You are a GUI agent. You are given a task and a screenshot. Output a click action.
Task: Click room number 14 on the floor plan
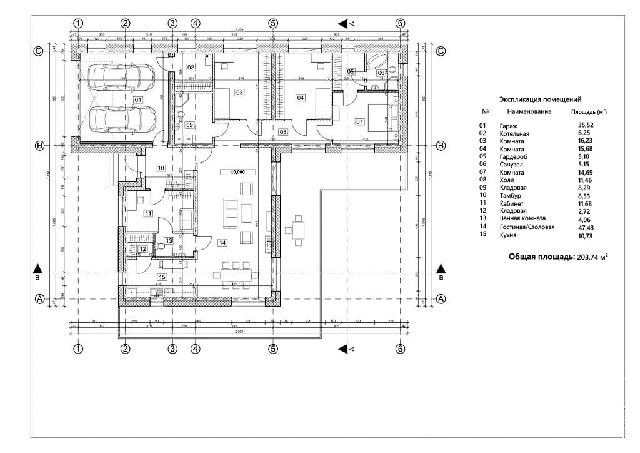[x=223, y=241]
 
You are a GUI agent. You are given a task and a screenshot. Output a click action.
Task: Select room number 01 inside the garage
[x=137, y=99]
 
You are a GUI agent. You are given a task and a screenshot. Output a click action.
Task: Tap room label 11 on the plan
[x=148, y=213]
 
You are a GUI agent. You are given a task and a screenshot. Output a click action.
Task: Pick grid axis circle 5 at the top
[x=273, y=23]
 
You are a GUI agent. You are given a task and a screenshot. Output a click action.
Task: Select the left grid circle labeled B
[x=39, y=146]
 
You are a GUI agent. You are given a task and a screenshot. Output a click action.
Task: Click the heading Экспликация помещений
[x=541, y=99]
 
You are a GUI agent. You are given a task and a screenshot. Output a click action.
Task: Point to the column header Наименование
[x=529, y=112]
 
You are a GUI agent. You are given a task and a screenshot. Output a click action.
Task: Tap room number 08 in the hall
[x=283, y=132]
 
